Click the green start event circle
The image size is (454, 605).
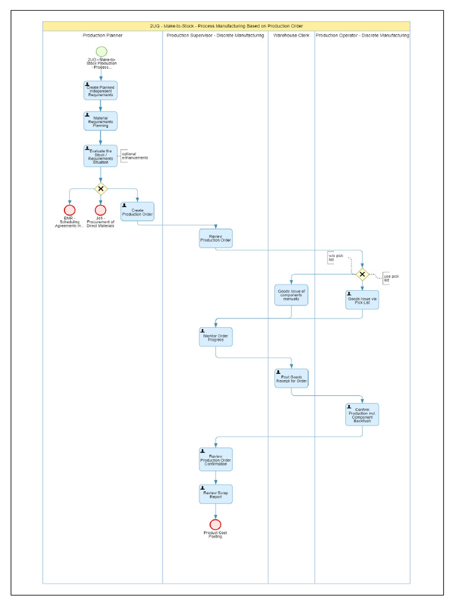tap(100, 51)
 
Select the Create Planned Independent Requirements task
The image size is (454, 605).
tap(100, 90)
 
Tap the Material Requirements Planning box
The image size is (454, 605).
tap(100, 121)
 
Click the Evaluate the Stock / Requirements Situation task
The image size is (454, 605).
tap(100, 156)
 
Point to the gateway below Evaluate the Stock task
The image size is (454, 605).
tap(100, 189)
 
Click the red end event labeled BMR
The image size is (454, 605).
tap(70, 210)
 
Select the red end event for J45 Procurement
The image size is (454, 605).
tap(100, 210)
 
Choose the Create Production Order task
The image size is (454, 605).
tap(137, 211)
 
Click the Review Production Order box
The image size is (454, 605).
tap(216, 238)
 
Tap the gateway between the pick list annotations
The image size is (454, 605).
tap(362, 274)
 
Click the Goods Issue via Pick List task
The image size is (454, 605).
tap(362, 300)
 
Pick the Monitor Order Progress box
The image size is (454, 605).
tap(216, 337)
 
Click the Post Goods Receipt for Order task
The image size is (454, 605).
tap(291, 378)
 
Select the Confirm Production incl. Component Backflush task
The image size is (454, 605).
tap(362, 414)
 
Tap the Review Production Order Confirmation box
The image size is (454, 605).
tap(216, 459)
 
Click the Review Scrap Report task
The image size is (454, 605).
tap(216, 494)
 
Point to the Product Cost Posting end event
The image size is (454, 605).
tap(216, 524)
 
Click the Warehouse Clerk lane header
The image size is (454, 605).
tap(291, 36)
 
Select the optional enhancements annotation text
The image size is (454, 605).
tap(135, 156)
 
